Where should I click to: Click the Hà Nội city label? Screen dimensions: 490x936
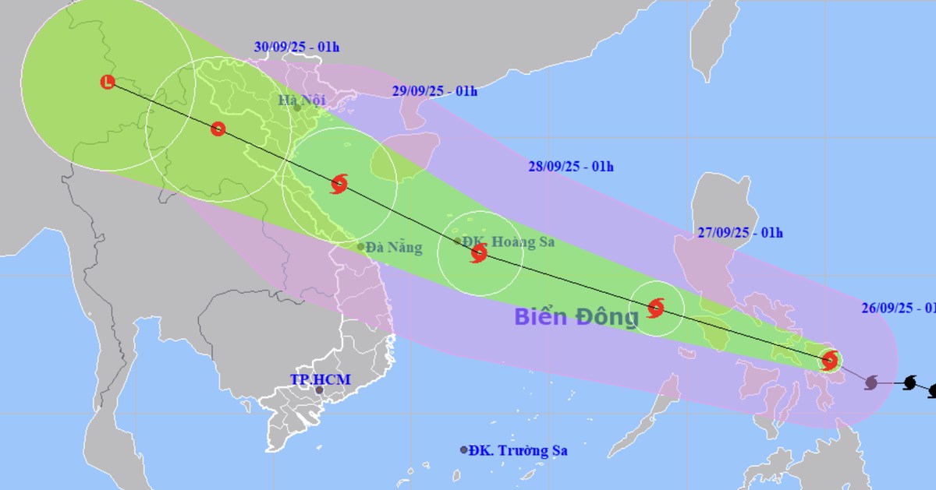pos(303,100)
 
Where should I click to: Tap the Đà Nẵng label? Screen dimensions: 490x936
pos(394,248)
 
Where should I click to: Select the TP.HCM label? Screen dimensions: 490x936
pos(321,379)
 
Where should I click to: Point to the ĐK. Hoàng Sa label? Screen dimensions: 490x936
pos(509,241)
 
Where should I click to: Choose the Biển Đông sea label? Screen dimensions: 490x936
pos(576,316)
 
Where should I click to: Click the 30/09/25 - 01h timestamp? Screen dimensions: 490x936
pos(296,48)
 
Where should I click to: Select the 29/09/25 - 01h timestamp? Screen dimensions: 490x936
pos(434,91)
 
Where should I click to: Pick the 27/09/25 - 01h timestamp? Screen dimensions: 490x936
pos(740,232)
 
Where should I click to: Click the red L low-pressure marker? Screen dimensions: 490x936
pos(108,81)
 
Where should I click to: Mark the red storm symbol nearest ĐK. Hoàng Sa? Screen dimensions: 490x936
pos(479,252)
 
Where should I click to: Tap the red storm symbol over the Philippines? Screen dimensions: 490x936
pos(830,360)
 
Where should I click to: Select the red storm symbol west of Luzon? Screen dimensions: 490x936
pos(656,307)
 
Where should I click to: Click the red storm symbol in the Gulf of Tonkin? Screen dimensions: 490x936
pos(339,185)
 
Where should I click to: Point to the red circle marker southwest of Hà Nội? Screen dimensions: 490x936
pos(218,129)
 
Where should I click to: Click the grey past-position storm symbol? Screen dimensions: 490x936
pos(871,382)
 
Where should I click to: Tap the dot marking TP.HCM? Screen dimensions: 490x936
pos(319,390)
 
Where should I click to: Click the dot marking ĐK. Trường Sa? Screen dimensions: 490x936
pos(464,449)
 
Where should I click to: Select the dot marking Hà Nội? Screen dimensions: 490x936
pos(297,108)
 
